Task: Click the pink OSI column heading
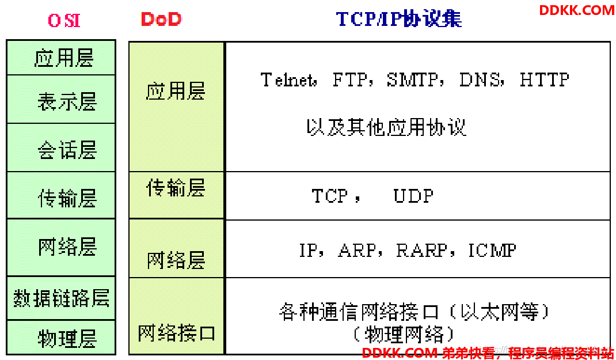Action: tap(64, 20)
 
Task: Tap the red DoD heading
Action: tap(161, 19)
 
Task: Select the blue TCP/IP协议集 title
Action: tap(399, 19)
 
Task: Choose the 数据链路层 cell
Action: tap(61, 298)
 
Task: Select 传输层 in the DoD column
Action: tap(176, 187)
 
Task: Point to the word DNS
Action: tap(480, 80)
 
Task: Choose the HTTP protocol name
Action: tap(544, 80)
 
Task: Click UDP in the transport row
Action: tap(414, 195)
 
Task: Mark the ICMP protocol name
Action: tap(492, 251)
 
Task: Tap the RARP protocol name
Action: tap(421, 251)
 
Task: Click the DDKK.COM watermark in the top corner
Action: tap(576, 10)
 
